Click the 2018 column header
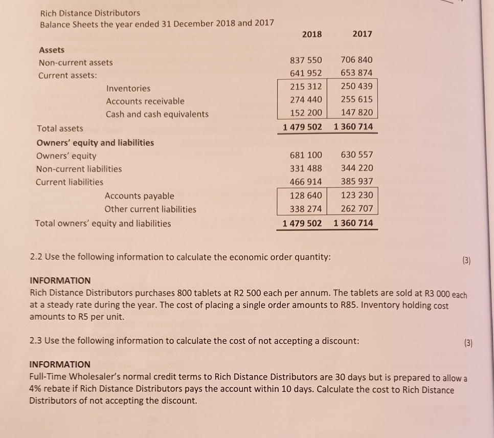point(312,34)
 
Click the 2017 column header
point(363,34)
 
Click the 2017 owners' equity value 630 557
point(356,155)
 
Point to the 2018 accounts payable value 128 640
point(303,195)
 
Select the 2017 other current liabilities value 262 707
point(355,209)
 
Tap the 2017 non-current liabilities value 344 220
point(356,168)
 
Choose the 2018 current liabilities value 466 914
point(303,182)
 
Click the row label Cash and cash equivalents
point(157,114)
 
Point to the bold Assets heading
point(52,50)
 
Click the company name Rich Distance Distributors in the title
point(90,12)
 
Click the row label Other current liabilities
point(150,209)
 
